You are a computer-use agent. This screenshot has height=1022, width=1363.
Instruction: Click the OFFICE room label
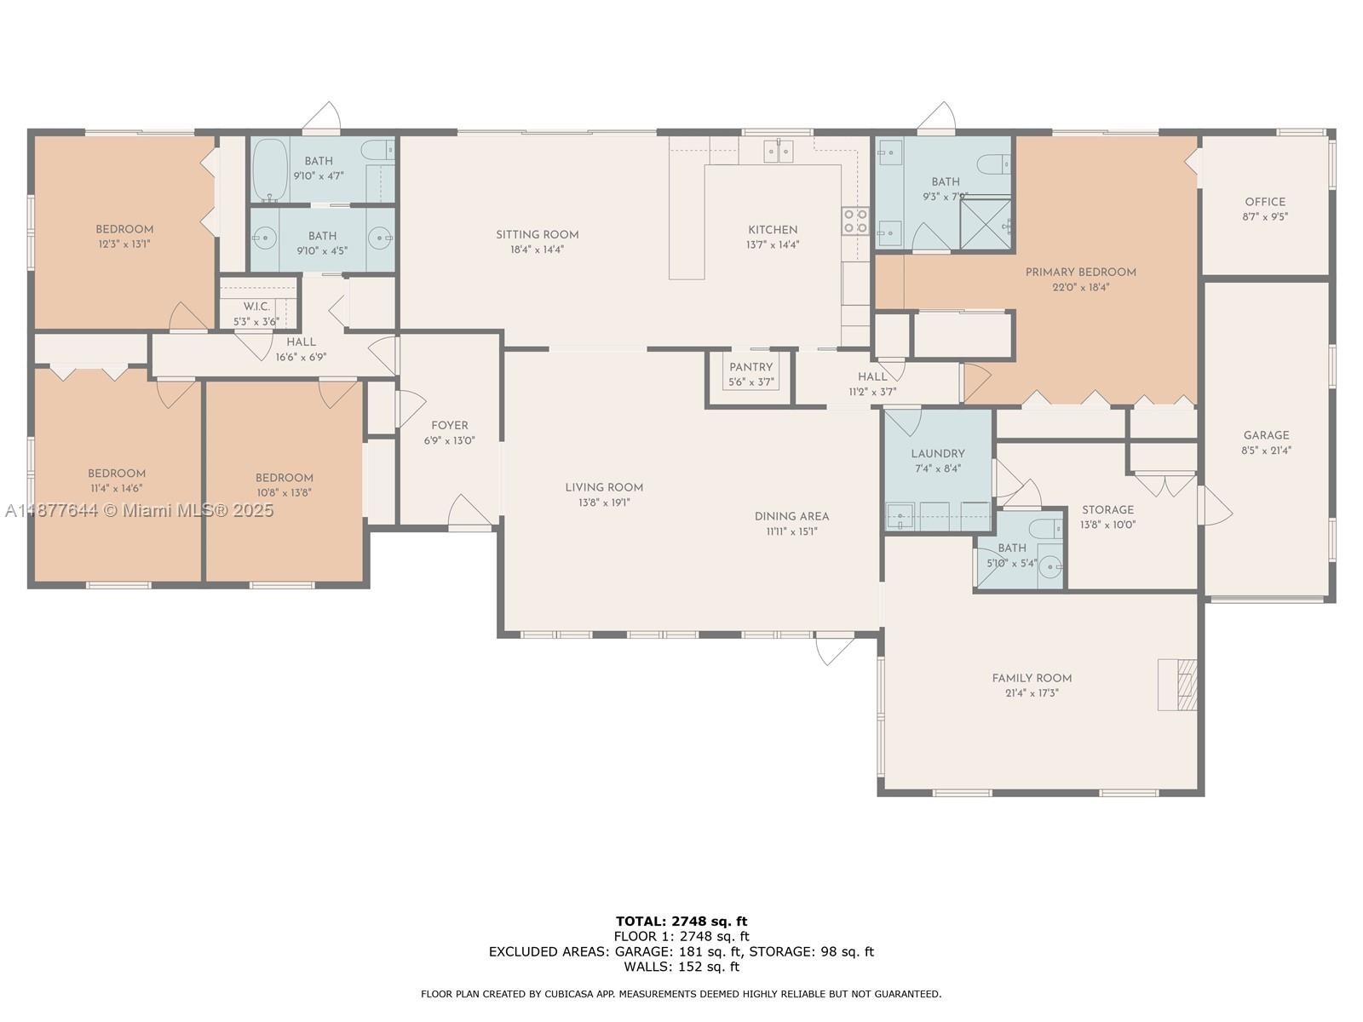1265,202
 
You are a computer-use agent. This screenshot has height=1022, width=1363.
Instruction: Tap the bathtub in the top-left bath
270,169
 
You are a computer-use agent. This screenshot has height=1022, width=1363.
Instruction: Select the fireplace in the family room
1178,684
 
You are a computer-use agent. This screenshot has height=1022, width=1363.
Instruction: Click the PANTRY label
751,367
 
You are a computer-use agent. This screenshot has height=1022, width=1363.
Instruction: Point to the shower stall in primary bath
986,223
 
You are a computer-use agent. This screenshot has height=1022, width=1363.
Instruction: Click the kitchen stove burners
855,221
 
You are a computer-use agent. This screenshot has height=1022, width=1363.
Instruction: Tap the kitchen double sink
778,151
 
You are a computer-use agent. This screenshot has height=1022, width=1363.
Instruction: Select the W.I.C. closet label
256,307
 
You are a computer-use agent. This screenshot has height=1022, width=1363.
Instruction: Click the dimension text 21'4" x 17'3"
1032,693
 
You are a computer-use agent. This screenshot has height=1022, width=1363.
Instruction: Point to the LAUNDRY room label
938,454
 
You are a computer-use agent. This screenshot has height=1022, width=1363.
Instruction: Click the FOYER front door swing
468,513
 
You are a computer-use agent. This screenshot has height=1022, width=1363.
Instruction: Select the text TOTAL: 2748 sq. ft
681,921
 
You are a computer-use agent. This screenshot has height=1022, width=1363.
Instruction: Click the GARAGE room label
1266,435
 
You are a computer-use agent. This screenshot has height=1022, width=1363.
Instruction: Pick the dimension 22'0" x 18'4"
1080,288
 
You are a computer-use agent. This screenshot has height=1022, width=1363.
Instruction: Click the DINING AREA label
791,516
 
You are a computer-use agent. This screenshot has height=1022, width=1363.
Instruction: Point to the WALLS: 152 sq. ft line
681,967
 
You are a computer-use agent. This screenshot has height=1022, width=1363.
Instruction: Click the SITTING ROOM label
538,234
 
